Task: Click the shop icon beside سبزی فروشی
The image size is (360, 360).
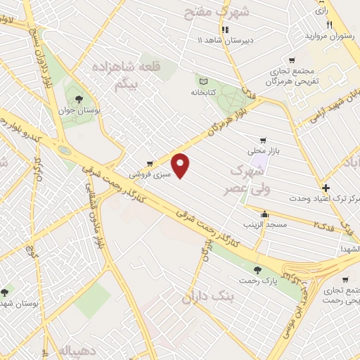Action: pyautogui.click(x=150, y=163)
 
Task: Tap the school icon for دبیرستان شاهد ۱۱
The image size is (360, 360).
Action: pyautogui.click(x=225, y=30)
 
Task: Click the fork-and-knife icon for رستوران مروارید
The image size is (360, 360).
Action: pyautogui.click(x=329, y=25)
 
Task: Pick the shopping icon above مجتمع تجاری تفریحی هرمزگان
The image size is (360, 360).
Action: pyautogui.click(x=292, y=61)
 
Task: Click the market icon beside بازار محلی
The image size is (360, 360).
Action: pyautogui.click(x=264, y=140)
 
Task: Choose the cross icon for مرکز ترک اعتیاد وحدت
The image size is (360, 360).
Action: pyautogui.click(x=326, y=188)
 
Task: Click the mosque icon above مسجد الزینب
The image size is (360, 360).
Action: pyautogui.click(x=264, y=214)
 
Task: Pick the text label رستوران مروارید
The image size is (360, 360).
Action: pyautogui.click(x=328, y=35)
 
